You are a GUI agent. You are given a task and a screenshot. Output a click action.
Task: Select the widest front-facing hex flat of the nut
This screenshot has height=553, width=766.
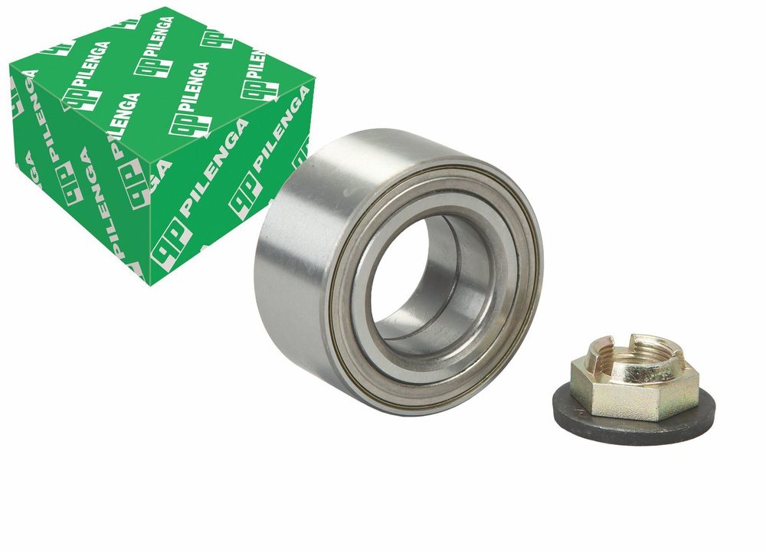point(630,396)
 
